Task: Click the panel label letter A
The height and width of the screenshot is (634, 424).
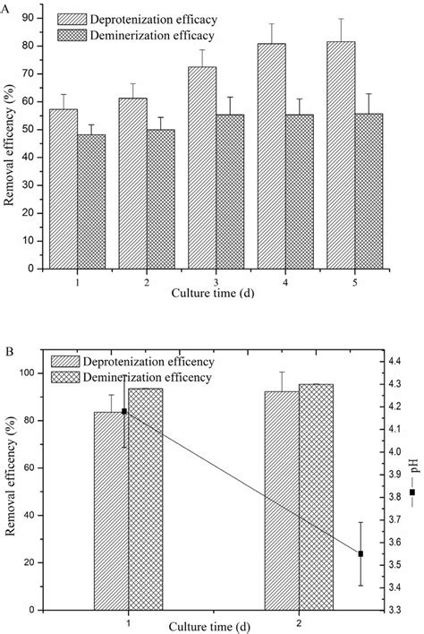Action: pyautogui.click(x=8, y=7)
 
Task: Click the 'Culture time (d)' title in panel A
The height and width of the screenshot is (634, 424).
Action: pyautogui.click(x=213, y=293)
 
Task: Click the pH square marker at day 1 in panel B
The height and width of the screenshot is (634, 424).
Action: pyautogui.click(x=124, y=411)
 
